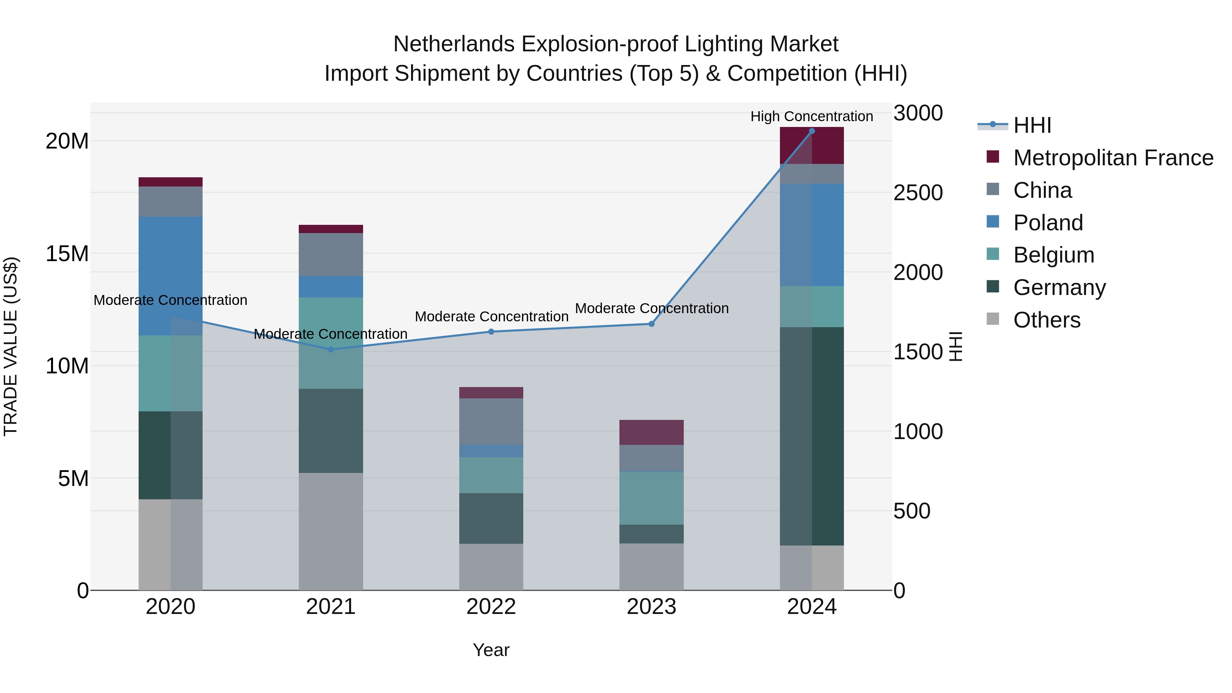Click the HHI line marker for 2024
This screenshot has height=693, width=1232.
coord(812,131)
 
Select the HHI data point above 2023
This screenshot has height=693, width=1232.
coord(651,324)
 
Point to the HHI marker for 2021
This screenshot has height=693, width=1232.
coord(331,350)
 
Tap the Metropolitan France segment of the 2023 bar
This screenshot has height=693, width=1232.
coord(651,432)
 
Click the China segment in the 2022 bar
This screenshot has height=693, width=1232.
coord(491,421)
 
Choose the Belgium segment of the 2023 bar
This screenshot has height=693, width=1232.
coord(651,498)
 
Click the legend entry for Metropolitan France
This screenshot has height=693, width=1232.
coord(1113,158)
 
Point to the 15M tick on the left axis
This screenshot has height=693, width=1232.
coord(67,254)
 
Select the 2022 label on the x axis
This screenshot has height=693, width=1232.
coord(491,607)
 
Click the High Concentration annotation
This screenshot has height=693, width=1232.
coord(812,116)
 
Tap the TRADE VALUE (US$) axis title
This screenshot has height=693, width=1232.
coord(11,346)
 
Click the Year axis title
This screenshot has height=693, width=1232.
coord(491,650)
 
